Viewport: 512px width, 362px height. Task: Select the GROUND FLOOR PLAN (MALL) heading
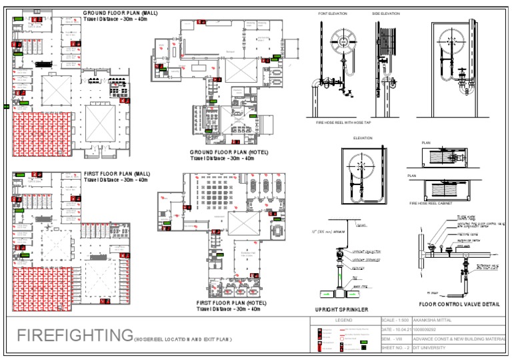120,13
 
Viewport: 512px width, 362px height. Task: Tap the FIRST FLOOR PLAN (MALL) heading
117,173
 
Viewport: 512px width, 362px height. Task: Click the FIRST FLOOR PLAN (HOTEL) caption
228,303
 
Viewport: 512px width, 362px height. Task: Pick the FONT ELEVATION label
331,13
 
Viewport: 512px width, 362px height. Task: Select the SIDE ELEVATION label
386,13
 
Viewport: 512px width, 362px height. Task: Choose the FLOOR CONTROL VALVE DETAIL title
459,304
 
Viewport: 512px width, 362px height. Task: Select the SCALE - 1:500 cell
396,321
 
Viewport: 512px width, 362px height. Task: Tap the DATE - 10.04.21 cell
396,330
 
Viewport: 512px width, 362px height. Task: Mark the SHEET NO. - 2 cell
396,347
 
